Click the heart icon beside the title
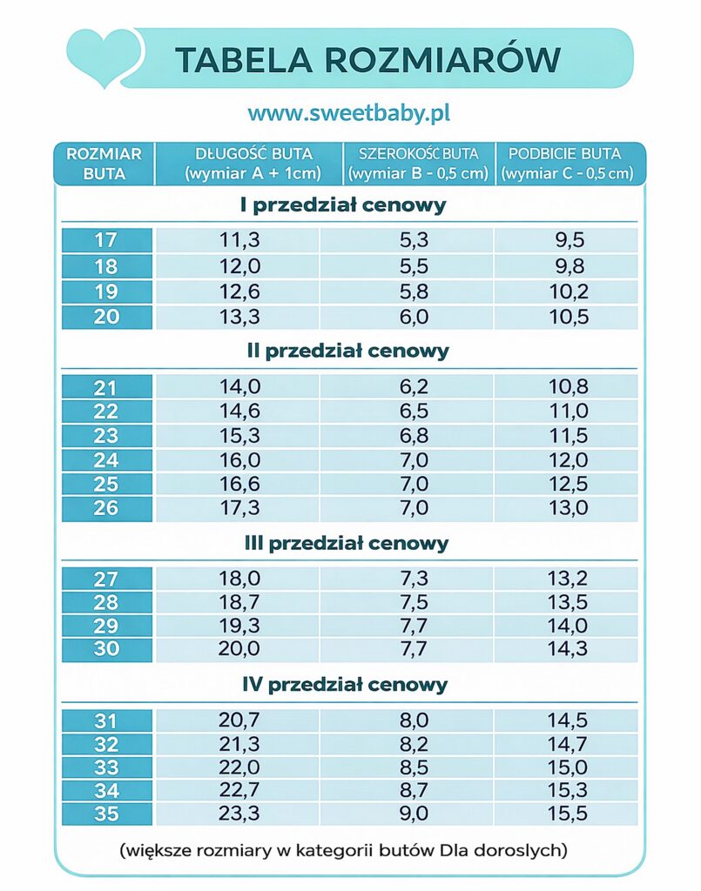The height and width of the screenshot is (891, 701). pyautogui.click(x=103, y=56)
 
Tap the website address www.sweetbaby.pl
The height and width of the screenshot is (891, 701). pyautogui.click(x=348, y=113)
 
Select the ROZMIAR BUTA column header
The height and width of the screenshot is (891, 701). pyautogui.click(x=104, y=164)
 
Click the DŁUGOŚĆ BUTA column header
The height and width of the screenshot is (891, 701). pyautogui.click(x=249, y=164)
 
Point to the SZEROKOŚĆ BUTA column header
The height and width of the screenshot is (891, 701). pyautogui.click(x=419, y=164)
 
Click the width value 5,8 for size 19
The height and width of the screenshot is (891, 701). pyautogui.click(x=414, y=291)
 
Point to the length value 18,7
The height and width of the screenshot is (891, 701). pyautogui.click(x=238, y=602)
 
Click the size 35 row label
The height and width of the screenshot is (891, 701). pyautogui.click(x=106, y=814)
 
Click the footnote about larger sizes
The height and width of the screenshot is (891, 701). pyautogui.click(x=344, y=849)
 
